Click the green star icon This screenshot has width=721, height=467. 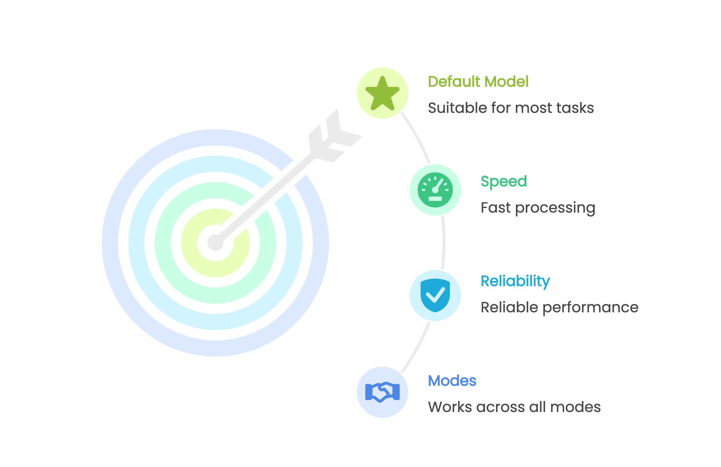[382, 93]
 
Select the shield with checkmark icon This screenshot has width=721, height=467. [435, 295]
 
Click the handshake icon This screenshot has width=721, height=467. [382, 392]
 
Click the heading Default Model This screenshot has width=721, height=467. [478, 82]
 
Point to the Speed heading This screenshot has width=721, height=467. [503, 181]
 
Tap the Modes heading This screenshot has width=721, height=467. [452, 381]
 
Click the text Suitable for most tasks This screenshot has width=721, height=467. [511, 108]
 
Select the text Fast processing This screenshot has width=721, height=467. [538, 208]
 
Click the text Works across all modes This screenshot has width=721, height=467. [514, 407]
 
